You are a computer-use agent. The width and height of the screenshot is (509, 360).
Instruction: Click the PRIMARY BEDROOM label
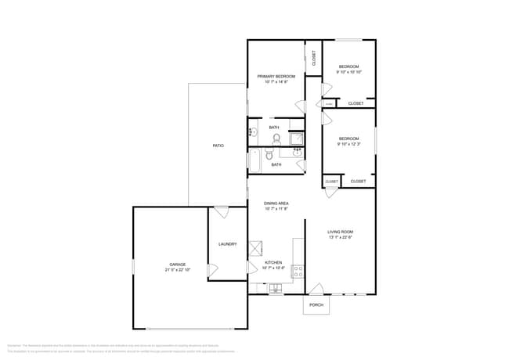tap(276, 76)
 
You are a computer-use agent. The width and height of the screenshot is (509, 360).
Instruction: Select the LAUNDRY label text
tap(228, 244)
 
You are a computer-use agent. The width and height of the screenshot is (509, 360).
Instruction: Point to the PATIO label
tap(218, 146)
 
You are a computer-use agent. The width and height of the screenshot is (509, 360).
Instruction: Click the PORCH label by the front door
tap(316, 304)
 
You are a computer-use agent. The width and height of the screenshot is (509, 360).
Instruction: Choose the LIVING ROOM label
tap(340, 232)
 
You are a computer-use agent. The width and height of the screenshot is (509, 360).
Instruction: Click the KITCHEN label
tap(273, 262)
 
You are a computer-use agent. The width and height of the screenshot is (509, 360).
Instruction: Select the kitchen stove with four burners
tap(298, 272)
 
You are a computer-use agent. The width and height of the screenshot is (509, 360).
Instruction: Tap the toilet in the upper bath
tap(276, 139)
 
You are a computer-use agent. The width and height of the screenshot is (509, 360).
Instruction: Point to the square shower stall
tap(297, 139)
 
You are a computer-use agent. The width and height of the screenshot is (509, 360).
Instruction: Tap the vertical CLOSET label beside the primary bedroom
tap(313, 58)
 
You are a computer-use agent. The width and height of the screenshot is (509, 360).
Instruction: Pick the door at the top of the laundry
tap(221, 212)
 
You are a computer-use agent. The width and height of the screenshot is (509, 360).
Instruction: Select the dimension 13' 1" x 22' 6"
tap(340, 238)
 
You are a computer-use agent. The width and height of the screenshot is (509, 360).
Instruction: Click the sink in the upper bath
tap(252, 132)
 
